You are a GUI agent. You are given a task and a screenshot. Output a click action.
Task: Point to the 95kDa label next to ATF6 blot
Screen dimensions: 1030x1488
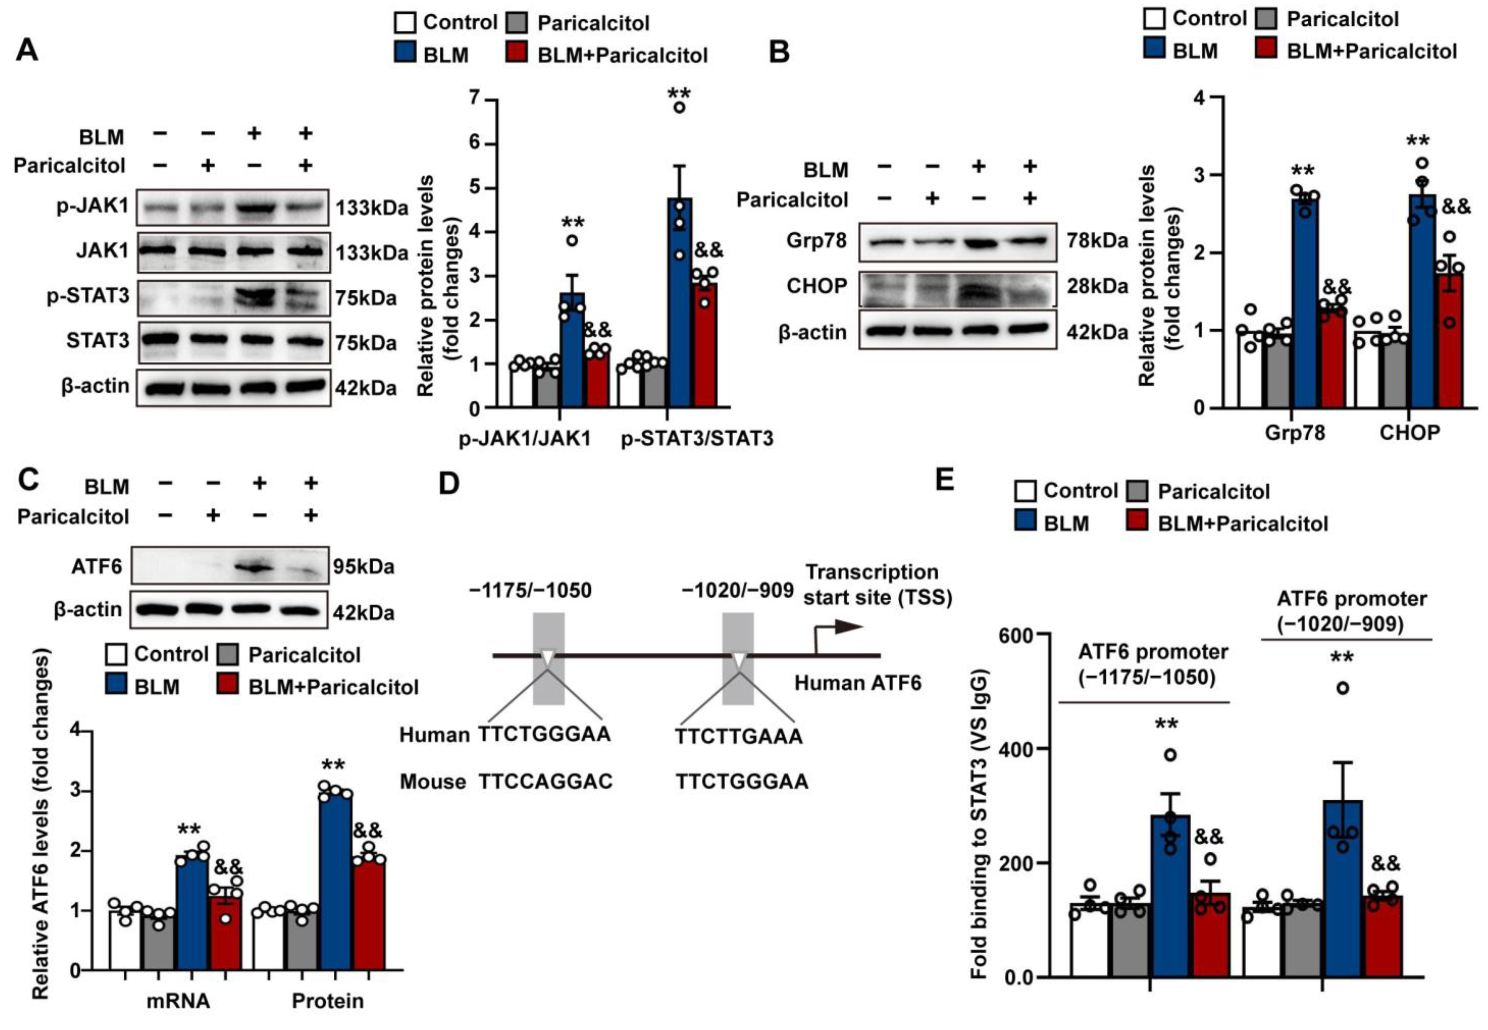click(x=363, y=567)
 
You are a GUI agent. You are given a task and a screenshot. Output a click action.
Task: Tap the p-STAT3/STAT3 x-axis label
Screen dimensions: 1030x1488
click(x=697, y=439)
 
